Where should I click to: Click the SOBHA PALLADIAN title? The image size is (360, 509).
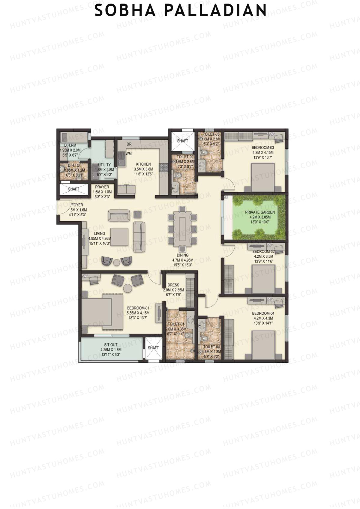180,10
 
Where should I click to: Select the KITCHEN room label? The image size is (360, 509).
143,164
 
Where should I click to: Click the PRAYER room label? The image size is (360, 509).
102,187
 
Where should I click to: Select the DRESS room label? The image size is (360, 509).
173,285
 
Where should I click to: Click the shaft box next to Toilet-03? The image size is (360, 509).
182,141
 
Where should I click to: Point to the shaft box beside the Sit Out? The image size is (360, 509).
153,348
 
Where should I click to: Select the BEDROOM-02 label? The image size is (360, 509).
263,251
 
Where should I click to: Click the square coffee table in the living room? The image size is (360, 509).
119,237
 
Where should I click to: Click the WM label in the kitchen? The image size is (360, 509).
129,154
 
